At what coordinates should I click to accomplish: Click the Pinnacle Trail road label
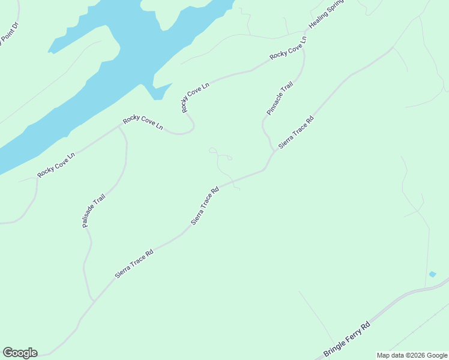click(280, 98)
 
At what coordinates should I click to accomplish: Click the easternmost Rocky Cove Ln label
click(288, 48)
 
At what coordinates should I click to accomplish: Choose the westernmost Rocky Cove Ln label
click(56, 165)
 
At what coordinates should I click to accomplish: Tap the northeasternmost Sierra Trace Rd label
click(296, 133)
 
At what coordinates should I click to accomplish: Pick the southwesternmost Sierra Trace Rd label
click(134, 263)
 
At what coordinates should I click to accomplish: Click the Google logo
click(20, 353)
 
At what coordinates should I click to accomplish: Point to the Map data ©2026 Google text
click(412, 355)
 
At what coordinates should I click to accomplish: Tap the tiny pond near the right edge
click(432, 274)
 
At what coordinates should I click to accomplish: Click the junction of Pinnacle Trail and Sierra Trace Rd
click(274, 151)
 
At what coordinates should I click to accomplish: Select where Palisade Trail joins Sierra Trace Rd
click(93, 300)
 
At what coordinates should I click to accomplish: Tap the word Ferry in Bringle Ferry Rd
click(352, 336)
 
